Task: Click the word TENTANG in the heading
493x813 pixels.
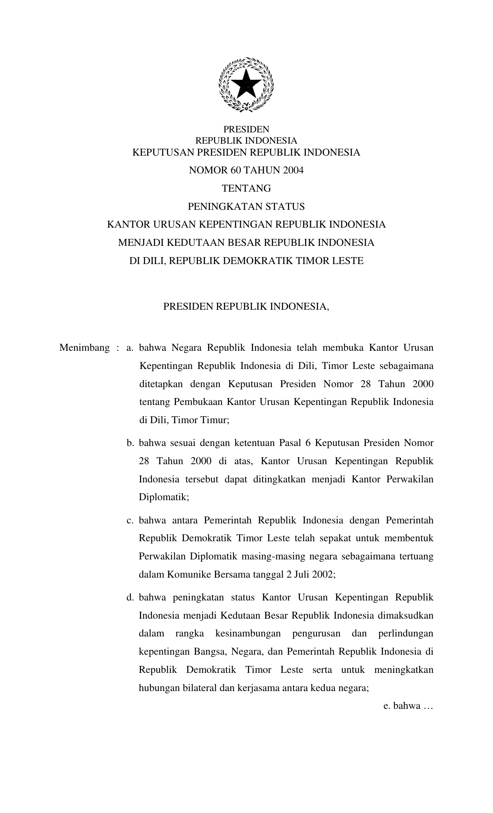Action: (x=246, y=189)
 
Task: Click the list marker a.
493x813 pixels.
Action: (x=130, y=348)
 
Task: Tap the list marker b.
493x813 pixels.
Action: (x=130, y=443)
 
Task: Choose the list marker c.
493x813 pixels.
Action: (x=130, y=520)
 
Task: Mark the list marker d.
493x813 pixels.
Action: (x=130, y=597)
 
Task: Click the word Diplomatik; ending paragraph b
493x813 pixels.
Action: (x=164, y=497)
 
